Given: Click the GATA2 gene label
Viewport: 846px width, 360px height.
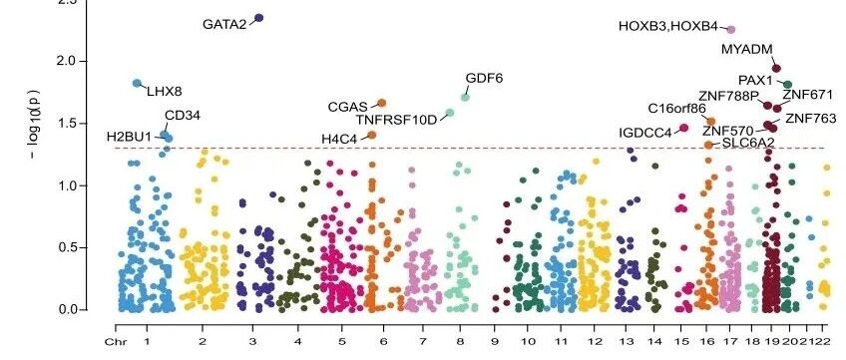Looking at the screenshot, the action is tap(224, 24).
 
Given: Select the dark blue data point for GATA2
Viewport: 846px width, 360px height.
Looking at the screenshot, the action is tap(258, 18).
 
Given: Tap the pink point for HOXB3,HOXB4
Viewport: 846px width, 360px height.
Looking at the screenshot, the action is tap(731, 30).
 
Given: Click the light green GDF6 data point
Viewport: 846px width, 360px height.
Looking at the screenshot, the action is tap(465, 97).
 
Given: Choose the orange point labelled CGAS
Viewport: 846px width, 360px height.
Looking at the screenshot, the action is tap(381, 103).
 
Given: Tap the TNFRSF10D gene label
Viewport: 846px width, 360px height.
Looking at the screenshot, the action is tap(396, 120).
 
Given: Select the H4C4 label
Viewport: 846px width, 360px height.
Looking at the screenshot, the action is tap(339, 139).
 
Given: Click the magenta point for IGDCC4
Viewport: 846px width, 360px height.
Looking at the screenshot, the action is tap(684, 128).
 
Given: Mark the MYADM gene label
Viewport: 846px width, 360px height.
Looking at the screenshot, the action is tap(746, 50).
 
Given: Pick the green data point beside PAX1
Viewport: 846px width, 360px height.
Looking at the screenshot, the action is tap(787, 85).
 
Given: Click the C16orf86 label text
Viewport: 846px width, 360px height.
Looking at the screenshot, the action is tap(676, 109).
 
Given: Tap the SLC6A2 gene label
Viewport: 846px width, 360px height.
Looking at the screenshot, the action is tap(748, 143).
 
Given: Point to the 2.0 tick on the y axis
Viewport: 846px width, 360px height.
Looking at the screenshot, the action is tap(64, 61).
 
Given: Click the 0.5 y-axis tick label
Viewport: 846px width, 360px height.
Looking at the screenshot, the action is tap(64, 247).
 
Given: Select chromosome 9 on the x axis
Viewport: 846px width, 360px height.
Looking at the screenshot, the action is tap(494, 341).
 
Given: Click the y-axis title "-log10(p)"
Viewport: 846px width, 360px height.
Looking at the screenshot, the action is tap(35, 123).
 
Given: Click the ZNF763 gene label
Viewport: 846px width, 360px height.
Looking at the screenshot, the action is tap(810, 119).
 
